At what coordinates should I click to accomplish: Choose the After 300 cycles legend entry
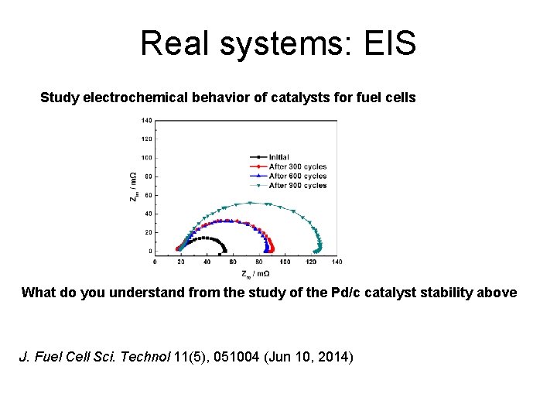296,166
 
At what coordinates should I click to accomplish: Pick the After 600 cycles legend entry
296,176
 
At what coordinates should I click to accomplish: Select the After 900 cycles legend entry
296,186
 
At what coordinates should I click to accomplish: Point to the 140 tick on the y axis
146,121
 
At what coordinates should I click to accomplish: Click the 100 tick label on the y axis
146,158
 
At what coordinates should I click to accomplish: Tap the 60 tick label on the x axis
233,262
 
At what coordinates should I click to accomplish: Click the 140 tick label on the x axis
337,262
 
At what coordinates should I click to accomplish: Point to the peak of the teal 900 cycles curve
251,203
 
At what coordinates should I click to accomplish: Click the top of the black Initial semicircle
203,238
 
